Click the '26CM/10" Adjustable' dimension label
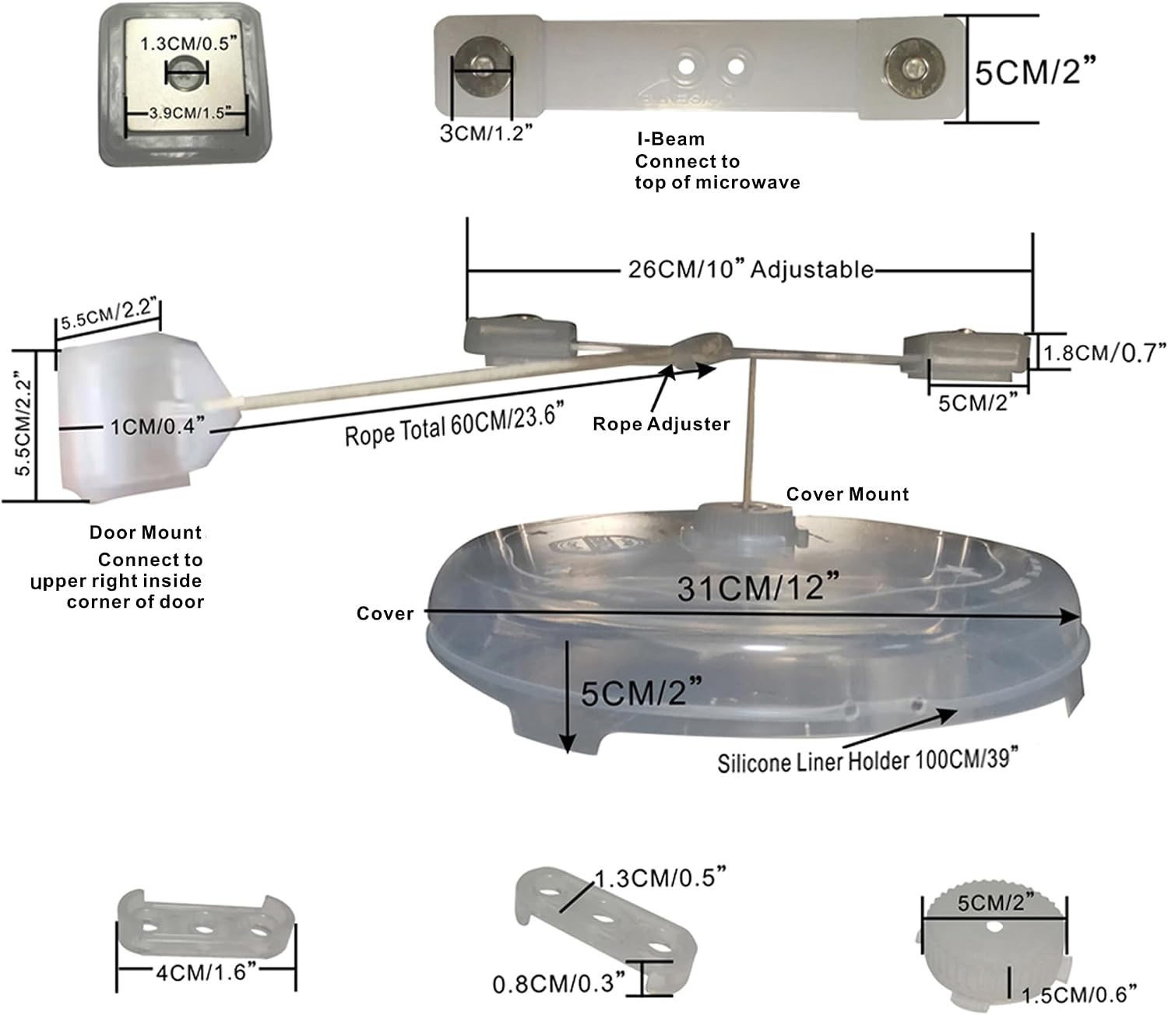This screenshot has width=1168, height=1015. (751, 269)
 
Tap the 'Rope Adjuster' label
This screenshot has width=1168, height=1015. (661, 424)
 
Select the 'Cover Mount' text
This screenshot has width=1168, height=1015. (847, 494)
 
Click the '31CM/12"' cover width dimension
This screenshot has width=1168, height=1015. (758, 587)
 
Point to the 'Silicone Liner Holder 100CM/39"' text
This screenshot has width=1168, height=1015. (867, 760)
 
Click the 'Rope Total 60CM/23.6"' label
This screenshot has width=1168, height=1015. (454, 424)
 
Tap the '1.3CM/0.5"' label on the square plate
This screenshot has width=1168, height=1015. (188, 43)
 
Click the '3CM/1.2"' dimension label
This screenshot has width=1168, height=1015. (486, 133)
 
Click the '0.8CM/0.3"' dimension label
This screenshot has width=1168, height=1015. (559, 983)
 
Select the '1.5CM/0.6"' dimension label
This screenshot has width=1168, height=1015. (1078, 995)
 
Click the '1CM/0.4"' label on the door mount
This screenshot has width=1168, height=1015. (157, 426)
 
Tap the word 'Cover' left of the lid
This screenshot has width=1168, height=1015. (385, 613)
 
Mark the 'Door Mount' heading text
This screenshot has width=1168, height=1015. (146, 532)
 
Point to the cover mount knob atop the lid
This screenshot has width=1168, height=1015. (745, 528)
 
